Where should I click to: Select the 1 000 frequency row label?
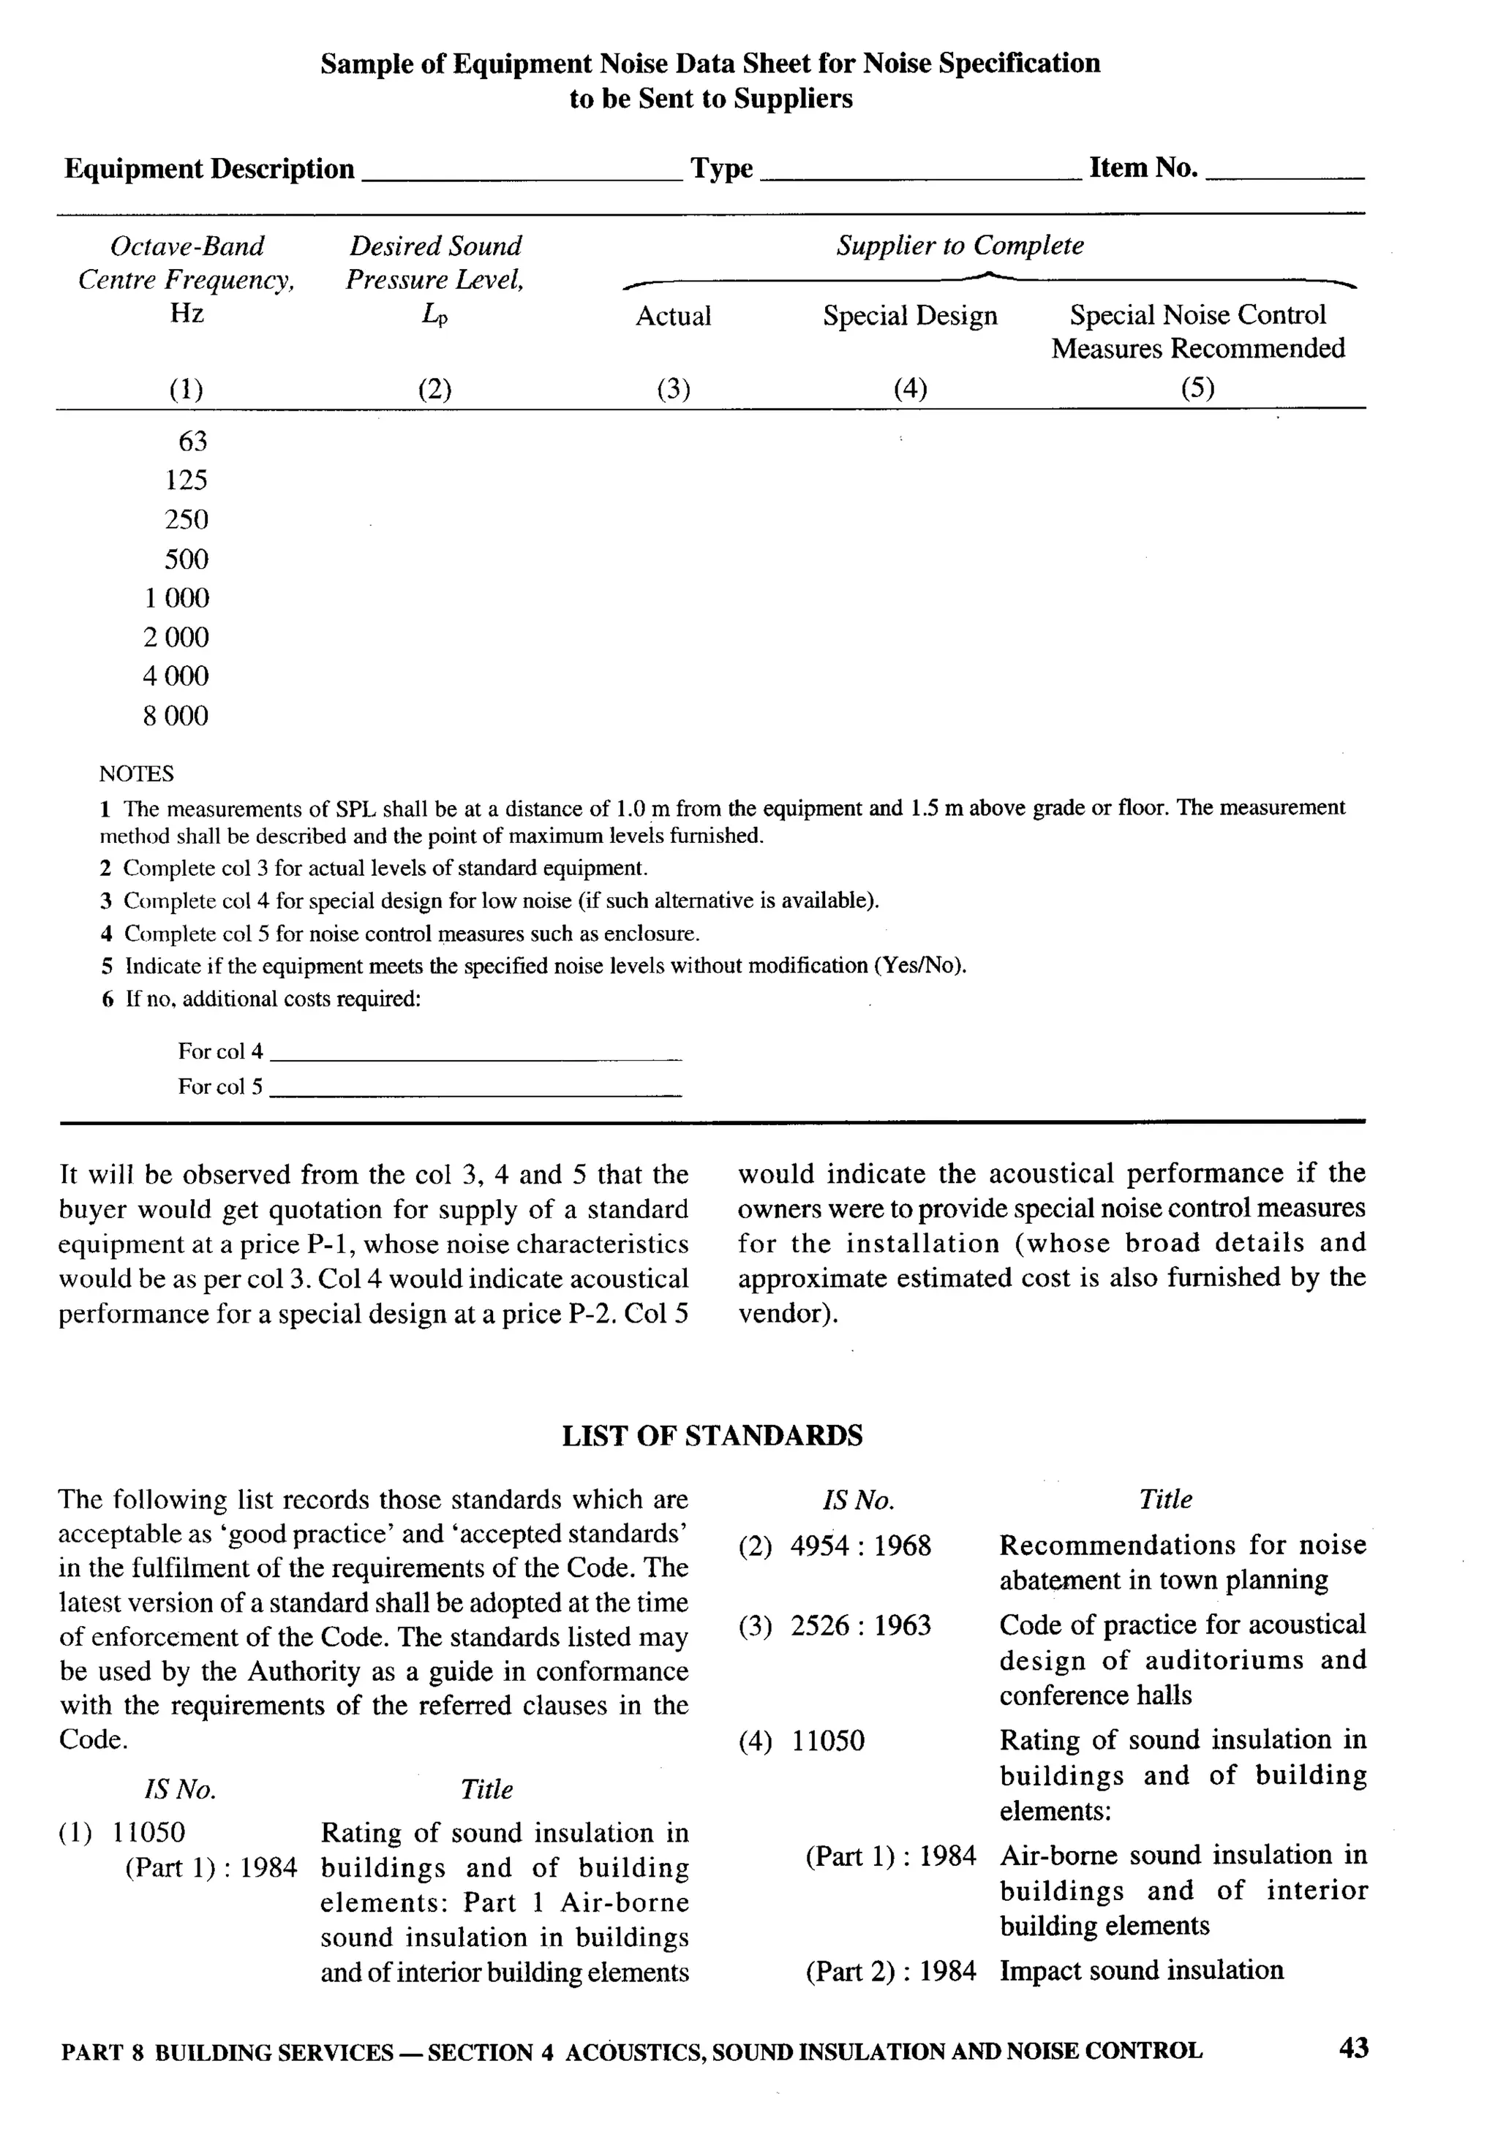176,598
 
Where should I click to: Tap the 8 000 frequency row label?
176,716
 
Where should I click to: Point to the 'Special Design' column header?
909,316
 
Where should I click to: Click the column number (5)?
1197,387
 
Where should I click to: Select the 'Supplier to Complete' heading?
959,246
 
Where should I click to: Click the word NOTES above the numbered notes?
136,774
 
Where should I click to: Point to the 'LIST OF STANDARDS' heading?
712,1437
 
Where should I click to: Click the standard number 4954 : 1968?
860,1547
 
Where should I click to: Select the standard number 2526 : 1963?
860,1625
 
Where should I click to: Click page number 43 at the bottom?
1353,2049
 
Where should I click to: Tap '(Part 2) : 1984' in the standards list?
890,1970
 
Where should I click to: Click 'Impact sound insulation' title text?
1141,1970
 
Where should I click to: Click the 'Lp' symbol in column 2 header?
434,315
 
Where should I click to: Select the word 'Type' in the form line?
720,169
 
